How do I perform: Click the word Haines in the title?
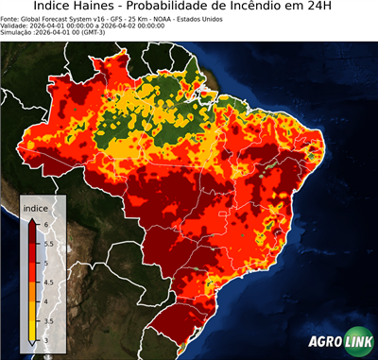[120, 8]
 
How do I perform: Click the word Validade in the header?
[17, 26]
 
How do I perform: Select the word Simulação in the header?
[19, 33]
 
